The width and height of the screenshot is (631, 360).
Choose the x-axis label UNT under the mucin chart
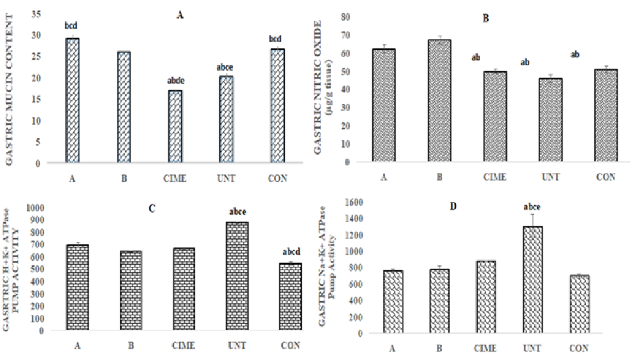click(x=223, y=178)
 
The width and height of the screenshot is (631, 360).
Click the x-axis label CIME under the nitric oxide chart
click(x=494, y=177)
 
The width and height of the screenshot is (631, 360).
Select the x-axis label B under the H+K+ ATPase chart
click(x=130, y=346)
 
